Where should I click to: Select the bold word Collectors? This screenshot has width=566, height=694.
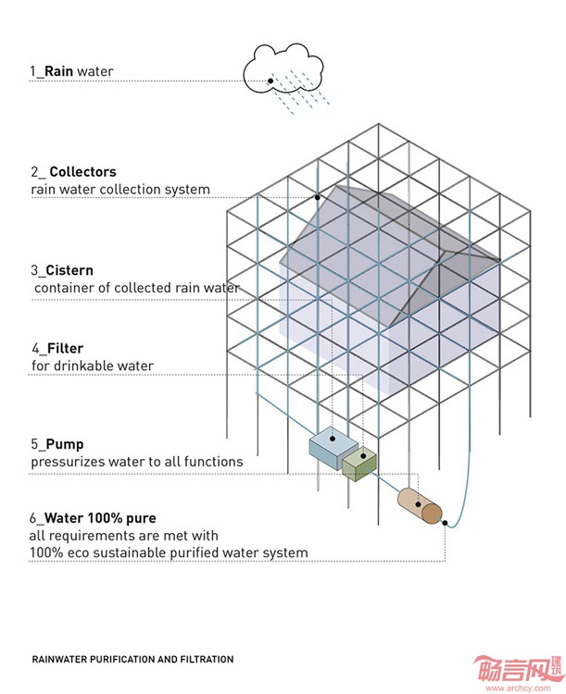82,172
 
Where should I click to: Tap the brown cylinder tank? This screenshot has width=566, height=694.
421,506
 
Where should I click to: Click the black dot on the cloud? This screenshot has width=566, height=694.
270,81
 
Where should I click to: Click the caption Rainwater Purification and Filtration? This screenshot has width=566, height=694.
132,660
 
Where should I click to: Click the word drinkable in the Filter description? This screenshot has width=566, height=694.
84,366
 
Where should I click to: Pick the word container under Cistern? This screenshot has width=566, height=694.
66,288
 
